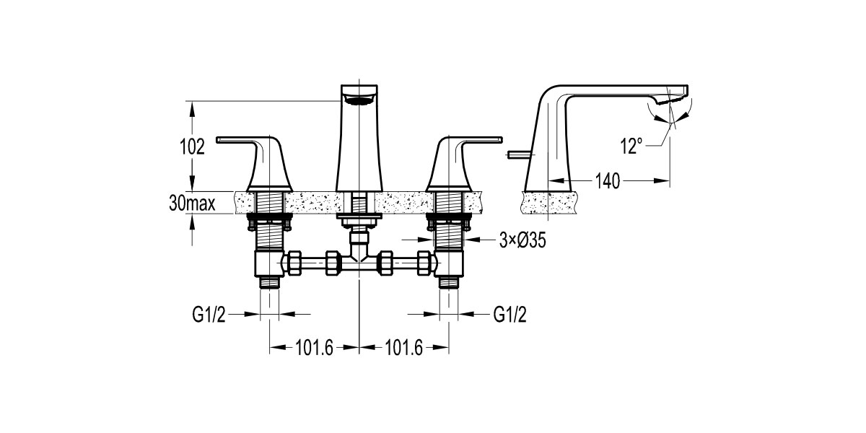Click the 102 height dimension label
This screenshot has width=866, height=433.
(x=192, y=146)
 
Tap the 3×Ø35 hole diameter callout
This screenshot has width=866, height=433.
(x=521, y=241)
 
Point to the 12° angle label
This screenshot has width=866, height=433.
(x=631, y=146)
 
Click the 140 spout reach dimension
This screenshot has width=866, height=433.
(x=608, y=181)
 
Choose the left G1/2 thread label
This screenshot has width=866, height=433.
(x=209, y=314)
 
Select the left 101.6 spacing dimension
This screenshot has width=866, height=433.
(x=314, y=348)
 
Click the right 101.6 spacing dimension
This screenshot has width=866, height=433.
(x=403, y=348)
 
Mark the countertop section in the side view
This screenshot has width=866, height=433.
(x=548, y=203)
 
